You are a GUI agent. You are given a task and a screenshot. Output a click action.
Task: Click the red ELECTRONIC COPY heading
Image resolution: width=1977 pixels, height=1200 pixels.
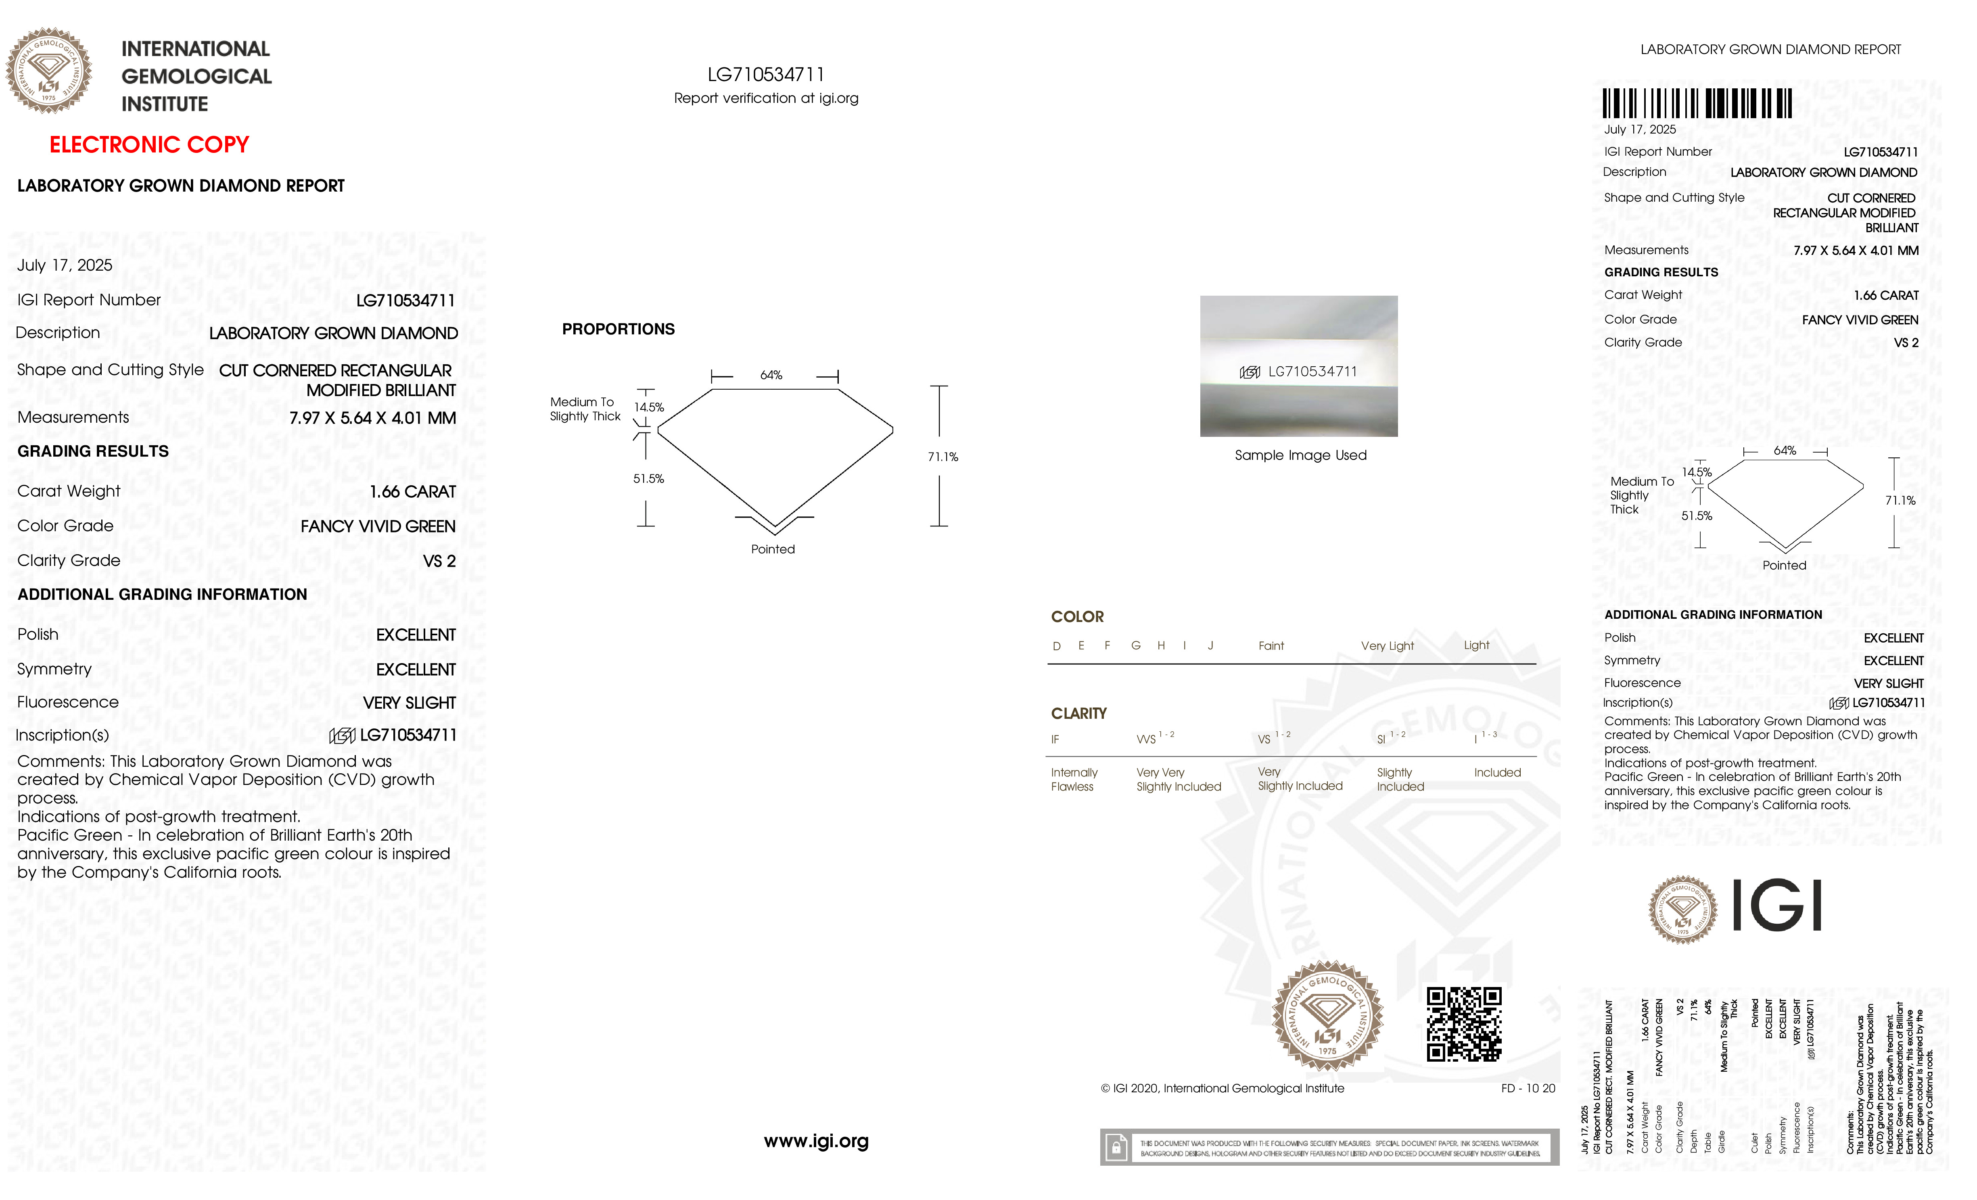click(x=149, y=145)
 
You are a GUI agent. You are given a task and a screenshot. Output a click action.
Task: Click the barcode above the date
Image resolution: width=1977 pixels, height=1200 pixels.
click(x=1697, y=104)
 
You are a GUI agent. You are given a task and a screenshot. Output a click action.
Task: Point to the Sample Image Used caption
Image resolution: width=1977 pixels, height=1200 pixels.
click(x=1300, y=456)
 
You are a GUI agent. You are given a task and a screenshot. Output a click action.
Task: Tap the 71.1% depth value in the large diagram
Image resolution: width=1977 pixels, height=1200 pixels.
click(x=943, y=457)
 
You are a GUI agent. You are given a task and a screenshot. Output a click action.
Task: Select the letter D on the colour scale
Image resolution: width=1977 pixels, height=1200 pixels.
click(x=1057, y=647)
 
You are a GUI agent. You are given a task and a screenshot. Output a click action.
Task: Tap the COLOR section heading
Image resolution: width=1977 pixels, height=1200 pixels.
click(x=1077, y=617)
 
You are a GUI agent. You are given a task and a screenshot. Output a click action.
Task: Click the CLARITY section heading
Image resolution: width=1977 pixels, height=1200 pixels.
click(x=1078, y=714)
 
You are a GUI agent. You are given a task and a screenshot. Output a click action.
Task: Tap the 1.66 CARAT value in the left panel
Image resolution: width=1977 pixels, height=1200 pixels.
click(x=412, y=492)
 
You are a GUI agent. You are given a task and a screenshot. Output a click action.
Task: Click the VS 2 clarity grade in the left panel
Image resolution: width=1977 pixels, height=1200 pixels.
click(x=439, y=561)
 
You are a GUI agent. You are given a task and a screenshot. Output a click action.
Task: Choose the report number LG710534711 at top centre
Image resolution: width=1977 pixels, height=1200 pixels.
click(x=765, y=75)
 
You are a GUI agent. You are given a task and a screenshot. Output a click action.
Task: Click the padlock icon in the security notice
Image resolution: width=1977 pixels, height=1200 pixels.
click(x=1115, y=1148)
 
